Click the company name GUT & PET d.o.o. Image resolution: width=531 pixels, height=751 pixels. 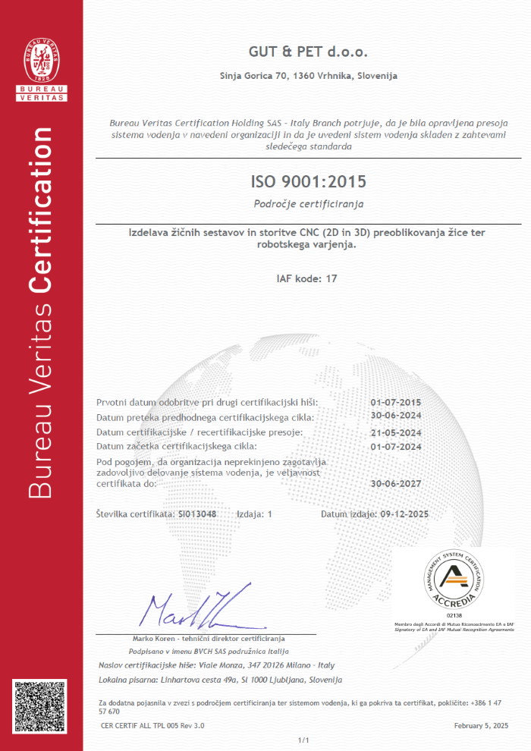point(308,52)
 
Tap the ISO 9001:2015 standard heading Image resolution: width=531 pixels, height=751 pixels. point(308,181)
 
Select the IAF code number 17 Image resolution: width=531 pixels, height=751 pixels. point(331,278)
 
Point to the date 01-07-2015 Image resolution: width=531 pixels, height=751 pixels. point(395,402)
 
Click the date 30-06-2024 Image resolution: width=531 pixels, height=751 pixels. point(395,417)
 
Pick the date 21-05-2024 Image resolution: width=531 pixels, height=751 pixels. point(395,432)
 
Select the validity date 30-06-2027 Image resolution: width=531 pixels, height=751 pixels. point(395,482)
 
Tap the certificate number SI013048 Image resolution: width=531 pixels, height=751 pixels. point(196,514)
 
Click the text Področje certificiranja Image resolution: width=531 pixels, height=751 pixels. point(308,204)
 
